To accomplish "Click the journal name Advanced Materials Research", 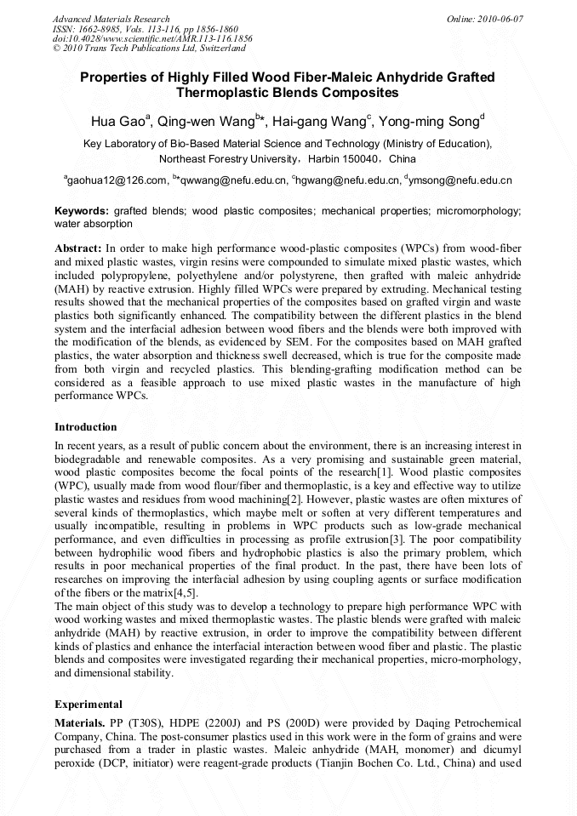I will click(111, 19).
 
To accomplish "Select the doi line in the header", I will click(152, 39).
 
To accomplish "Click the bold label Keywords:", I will click(82, 210).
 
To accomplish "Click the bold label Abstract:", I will click(78, 247).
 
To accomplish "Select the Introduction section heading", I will click(87, 426).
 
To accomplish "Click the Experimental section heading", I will click(89, 705).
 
